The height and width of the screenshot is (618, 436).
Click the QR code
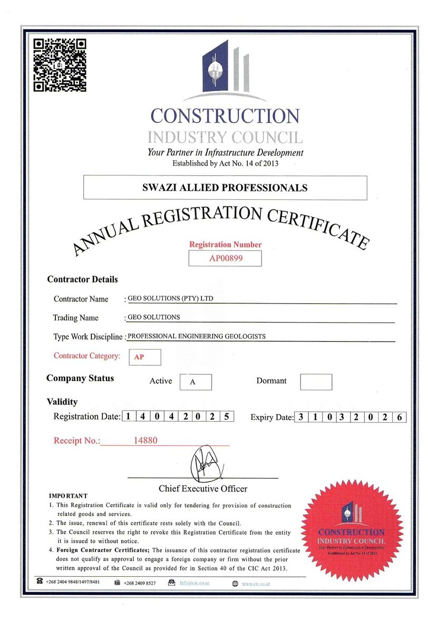(60, 65)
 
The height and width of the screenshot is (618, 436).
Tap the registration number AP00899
(225, 258)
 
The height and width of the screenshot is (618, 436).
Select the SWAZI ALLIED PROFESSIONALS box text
(225, 188)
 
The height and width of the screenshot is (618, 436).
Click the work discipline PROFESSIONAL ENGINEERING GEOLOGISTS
(197, 336)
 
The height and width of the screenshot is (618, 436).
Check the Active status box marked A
(196, 382)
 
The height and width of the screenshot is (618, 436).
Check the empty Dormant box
(316, 382)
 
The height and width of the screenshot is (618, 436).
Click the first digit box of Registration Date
(129, 417)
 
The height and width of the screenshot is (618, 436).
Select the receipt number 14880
(146, 440)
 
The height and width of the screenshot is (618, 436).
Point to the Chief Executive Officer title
(203, 488)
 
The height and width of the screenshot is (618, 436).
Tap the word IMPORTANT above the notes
(68, 496)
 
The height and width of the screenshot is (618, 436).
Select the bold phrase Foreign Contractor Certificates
(103, 551)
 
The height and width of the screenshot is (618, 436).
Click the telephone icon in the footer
(40, 582)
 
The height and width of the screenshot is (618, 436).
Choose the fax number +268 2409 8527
(140, 583)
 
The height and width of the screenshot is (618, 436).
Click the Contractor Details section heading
(82, 279)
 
